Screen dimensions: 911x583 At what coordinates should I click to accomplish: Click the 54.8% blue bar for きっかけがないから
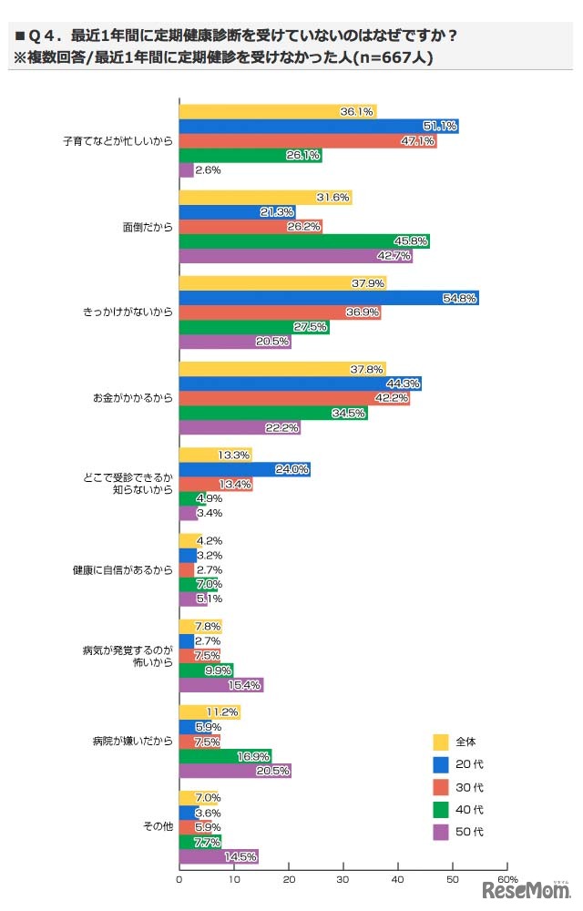pos(328,298)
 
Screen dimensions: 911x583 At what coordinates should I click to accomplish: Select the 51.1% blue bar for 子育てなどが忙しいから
pos(318,127)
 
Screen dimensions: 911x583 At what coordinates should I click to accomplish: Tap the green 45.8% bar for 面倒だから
pos(303,241)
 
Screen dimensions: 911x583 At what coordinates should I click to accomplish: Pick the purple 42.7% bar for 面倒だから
pos(295,256)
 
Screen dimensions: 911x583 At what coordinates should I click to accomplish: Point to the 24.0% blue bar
pos(244,470)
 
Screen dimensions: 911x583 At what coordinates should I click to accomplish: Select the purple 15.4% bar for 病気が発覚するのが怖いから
pos(220,684)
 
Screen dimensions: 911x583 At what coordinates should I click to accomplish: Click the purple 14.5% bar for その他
pos(219,855)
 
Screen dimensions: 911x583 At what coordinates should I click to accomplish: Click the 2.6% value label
pos(209,170)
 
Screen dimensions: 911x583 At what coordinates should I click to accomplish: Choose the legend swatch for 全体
pos(441,741)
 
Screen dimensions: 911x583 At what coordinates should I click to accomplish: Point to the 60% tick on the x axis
pos(508,879)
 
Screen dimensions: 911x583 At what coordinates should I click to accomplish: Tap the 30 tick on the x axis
pos(343,880)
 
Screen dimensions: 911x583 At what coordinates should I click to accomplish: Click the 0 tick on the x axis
pos(179,880)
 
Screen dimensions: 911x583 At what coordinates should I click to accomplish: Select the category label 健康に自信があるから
pos(122,570)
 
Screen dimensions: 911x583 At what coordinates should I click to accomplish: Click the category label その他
pos(157,827)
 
